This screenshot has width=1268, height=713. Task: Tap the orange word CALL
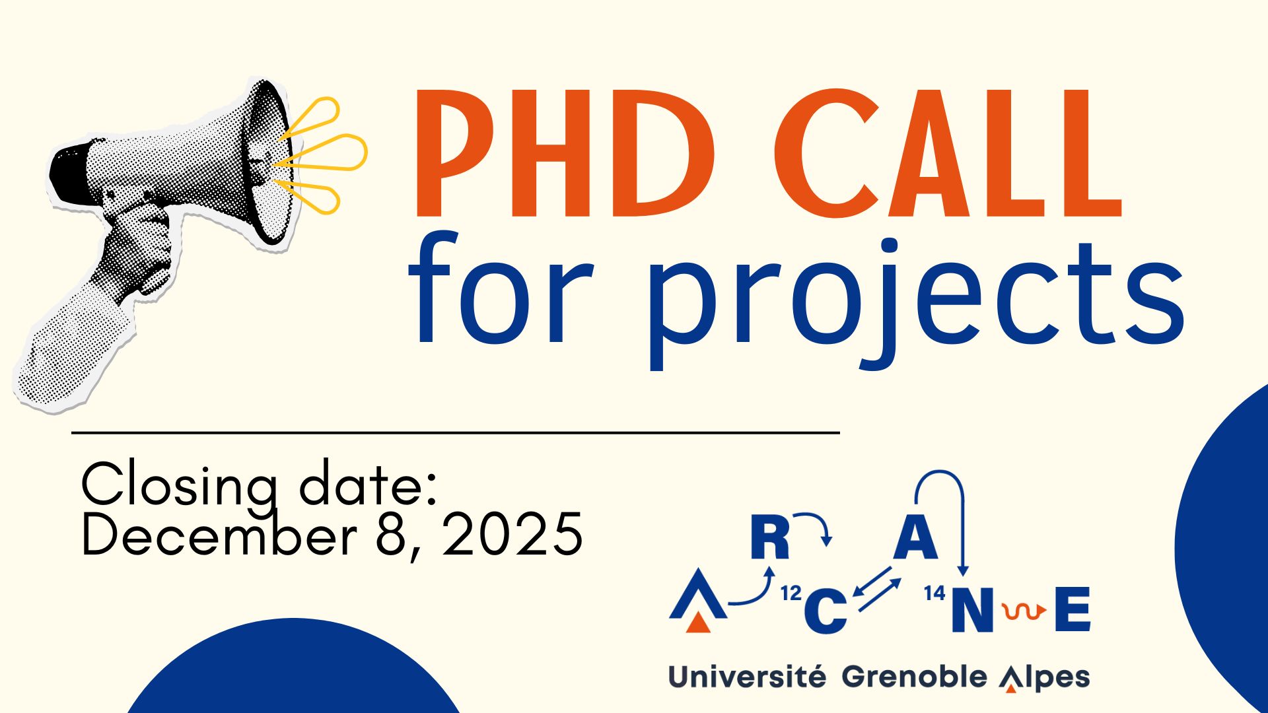(948, 153)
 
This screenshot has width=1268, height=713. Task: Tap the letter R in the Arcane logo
(770, 537)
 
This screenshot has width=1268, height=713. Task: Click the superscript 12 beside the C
(791, 594)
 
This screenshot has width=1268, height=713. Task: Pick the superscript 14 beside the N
(934, 594)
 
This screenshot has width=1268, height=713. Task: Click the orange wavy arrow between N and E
(1023, 612)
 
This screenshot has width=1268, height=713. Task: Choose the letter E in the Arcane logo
(1073, 609)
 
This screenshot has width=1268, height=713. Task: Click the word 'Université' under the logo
(747, 677)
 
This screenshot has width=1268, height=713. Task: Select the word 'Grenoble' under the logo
(914, 677)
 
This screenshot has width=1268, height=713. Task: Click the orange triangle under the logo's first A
(698, 623)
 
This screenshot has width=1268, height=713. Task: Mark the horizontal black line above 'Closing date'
(456, 433)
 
